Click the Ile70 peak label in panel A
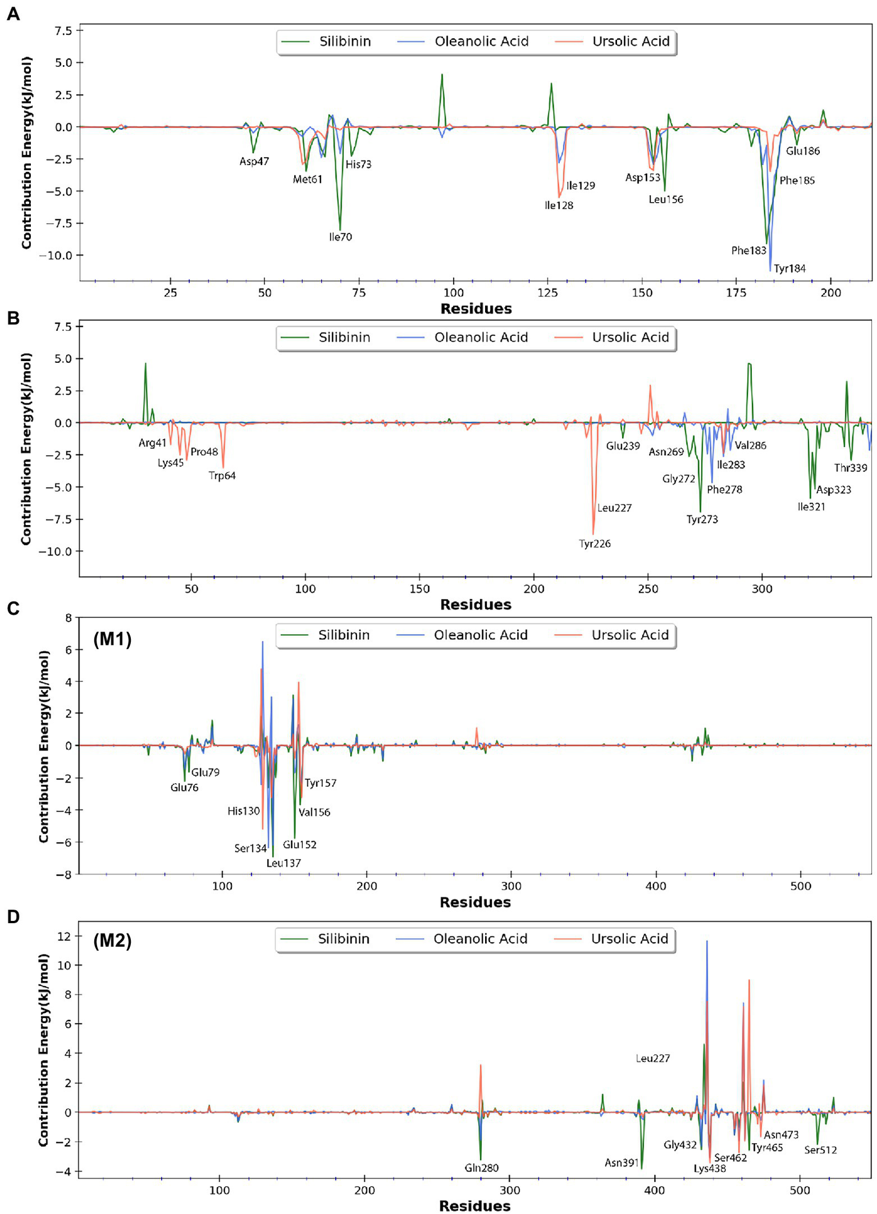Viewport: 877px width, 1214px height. pyautogui.click(x=341, y=237)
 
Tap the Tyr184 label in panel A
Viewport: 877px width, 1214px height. pyautogui.click(x=790, y=269)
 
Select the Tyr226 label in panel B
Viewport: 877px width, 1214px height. pyautogui.click(x=595, y=544)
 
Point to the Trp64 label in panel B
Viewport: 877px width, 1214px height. pyautogui.click(x=222, y=476)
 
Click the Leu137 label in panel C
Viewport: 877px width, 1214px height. pyautogui.click(x=283, y=863)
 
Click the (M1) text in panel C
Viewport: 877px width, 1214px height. pyautogui.click(x=113, y=639)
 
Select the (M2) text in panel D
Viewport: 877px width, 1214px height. pyautogui.click(x=113, y=940)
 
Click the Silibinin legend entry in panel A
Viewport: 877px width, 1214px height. pyautogui.click(x=345, y=42)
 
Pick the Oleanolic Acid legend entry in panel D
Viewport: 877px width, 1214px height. pyautogui.click(x=480, y=939)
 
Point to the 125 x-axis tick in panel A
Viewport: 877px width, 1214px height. pyautogui.click(x=547, y=293)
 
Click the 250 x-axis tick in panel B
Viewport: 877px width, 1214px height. pyautogui.click(x=648, y=589)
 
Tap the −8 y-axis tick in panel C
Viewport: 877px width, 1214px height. pyautogui.click(x=67, y=875)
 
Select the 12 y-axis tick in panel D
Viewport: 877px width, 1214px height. pyautogui.click(x=64, y=936)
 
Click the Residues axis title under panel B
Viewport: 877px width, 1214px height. pyautogui.click(x=475, y=605)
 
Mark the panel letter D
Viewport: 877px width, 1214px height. pyautogui.click(x=13, y=917)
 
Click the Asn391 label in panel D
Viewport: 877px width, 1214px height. pyautogui.click(x=621, y=1163)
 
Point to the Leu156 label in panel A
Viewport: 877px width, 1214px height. pyautogui.click(x=666, y=200)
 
